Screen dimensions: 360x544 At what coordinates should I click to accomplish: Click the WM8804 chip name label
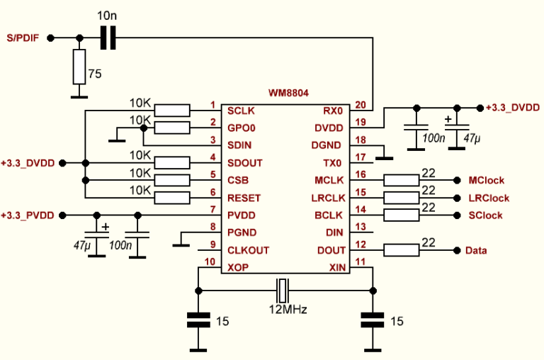point(288,93)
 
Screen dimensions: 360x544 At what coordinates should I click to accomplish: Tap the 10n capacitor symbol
point(108,38)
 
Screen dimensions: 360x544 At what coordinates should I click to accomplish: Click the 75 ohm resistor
point(79,67)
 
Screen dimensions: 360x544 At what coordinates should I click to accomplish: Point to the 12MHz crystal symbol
point(283,289)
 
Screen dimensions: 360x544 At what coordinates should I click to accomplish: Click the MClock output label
point(487,181)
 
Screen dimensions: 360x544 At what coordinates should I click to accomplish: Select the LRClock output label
point(489,198)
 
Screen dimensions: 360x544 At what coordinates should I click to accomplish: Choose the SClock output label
point(486,215)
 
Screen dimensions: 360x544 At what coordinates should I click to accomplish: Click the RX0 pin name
point(332,111)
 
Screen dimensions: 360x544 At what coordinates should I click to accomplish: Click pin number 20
point(361,105)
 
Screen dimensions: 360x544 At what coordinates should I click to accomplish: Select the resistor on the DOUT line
point(402,250)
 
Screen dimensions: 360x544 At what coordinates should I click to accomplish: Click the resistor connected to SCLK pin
point(172,111)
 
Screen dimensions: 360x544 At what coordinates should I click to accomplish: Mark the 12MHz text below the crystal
point(287,310)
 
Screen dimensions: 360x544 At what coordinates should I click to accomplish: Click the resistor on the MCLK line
point(402,181)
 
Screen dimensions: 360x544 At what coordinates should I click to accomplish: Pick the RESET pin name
point(243,198)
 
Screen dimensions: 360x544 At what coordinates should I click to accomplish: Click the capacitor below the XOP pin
point(199,320)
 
